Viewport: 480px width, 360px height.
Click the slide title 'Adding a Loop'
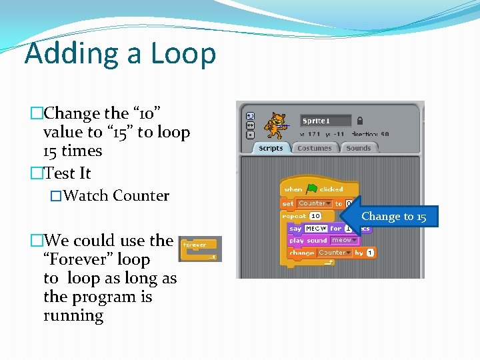pos(120,53)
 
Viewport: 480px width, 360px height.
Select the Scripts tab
pos(271,148)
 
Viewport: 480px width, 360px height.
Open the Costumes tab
pos(314,148)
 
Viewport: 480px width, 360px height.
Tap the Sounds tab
pos(359,148)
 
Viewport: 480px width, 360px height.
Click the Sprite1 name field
pos(325,121)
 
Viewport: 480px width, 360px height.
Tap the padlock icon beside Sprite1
pos(360,121)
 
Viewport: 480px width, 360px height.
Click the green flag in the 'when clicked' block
pos(311,189)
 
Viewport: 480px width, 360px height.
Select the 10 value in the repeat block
pos(315,216)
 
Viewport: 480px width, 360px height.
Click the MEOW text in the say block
pos(315,229)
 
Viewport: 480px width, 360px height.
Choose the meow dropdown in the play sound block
pos(343,240)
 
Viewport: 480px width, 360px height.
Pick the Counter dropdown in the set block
pos(314,203)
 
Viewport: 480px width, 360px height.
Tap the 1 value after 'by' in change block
pos(370,253)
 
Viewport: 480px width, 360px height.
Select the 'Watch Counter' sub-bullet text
pos(117,196)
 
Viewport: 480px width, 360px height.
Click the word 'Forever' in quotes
pos(97,259)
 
